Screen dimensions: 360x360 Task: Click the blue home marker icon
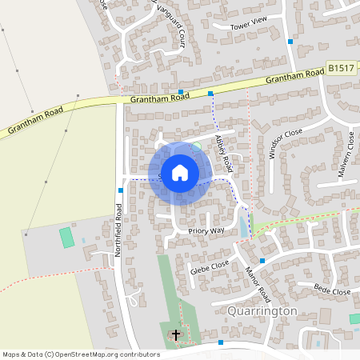(180, 173)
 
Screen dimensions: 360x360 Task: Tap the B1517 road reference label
(341, 70)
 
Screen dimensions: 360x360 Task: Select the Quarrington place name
(262, 310)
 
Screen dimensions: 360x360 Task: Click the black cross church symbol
(176, 334)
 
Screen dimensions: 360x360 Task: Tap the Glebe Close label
(210, 266)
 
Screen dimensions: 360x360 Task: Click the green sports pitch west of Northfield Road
(66, 238)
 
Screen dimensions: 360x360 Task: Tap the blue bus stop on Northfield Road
(121, 190)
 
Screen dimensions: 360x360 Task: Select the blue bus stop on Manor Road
(262, 261)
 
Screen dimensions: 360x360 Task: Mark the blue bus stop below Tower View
(290, 41)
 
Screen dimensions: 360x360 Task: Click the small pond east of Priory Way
(243, 227)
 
